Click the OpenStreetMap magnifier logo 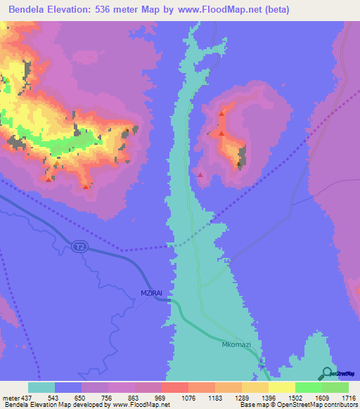(328, 374)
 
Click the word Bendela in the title (28, 10)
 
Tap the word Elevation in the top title (81, 10)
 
